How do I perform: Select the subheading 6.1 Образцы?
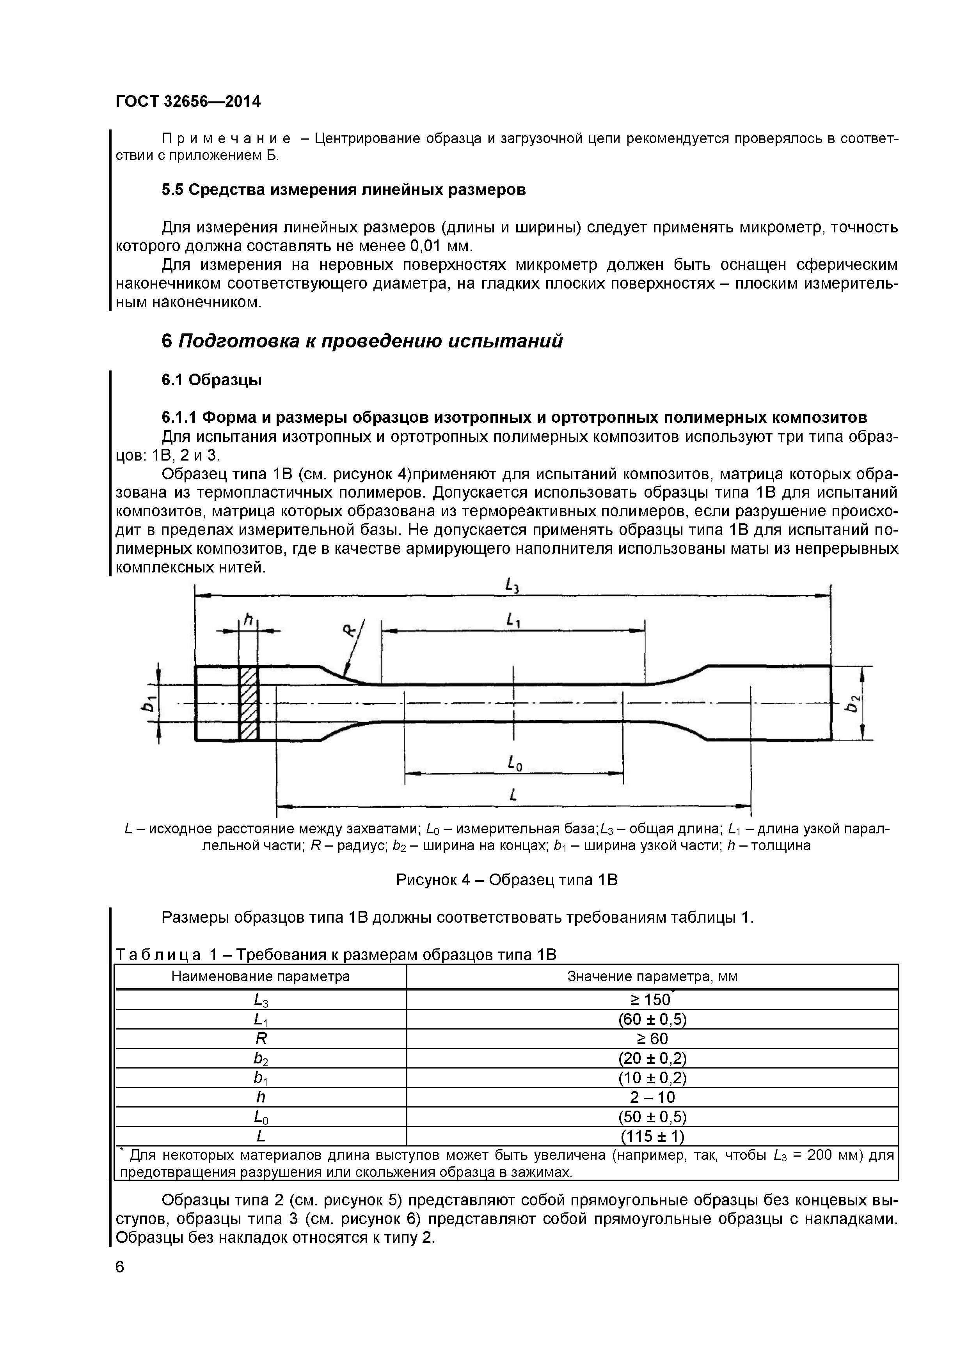(211, 379)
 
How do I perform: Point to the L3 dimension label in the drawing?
(512, 587)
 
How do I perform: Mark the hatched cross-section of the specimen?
(249, 703)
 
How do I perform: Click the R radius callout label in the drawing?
(350, 630)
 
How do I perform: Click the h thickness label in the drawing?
(249, 621)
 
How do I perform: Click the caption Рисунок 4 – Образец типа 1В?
(507, 879)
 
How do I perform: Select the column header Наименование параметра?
(261, 976)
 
